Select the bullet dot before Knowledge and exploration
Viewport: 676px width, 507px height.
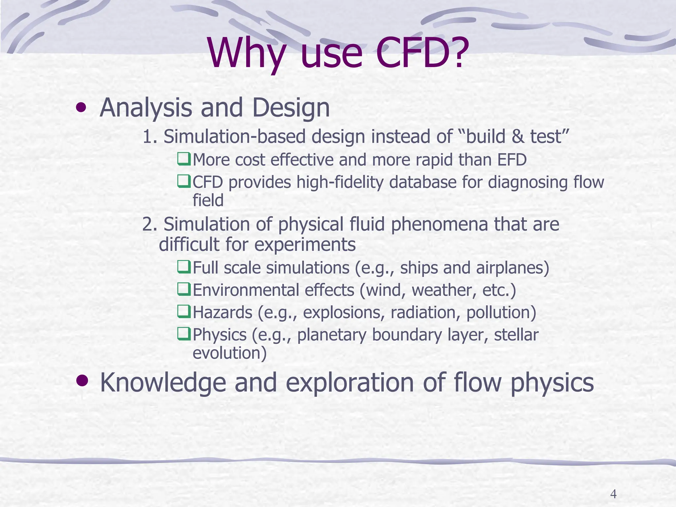pyautogui.click(x=82, y=381)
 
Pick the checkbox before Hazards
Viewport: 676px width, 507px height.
pyautogui.click(x=184, y=311)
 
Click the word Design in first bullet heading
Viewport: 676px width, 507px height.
pyautogui.click(x=291, y=108)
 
